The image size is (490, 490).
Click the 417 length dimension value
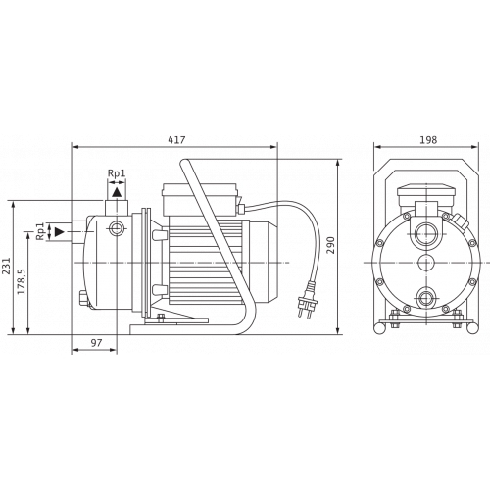coord(176,140)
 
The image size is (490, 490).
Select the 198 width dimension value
coord(428,140)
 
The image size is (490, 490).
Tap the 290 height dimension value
coord(331,245)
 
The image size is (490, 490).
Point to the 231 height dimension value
coord(7,267)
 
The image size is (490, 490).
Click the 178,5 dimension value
coord(22,281)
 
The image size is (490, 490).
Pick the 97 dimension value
coord(96,343)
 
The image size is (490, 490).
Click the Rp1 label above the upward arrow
coord(117,173)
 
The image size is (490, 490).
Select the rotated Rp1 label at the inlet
coord(40,231)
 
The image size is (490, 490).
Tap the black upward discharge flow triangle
coord(117,192)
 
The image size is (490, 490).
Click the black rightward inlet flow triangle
coord(60,232)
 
